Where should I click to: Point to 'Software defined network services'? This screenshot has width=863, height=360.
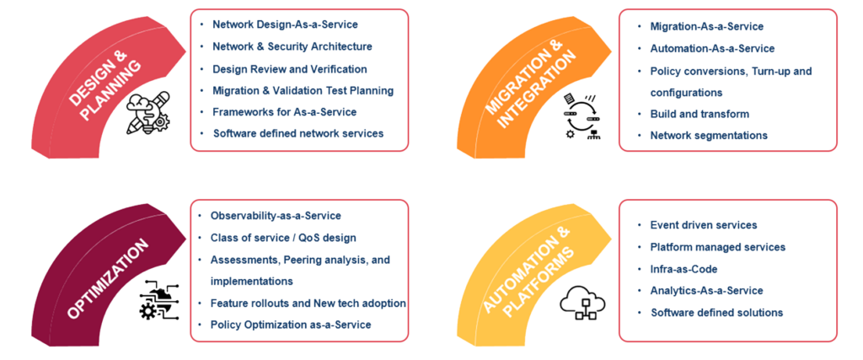297,133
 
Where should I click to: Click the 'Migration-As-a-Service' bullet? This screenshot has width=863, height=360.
706,27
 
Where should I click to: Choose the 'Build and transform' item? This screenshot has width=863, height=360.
700,114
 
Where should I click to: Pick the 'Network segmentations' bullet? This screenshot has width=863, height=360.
708,135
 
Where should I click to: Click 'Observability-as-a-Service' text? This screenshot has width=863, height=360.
276,217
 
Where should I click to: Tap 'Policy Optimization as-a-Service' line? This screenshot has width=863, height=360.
290,325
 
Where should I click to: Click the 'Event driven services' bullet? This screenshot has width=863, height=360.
703,225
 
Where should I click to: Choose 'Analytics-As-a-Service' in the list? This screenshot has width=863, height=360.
706,291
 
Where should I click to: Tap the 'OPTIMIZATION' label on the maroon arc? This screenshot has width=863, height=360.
106,279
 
